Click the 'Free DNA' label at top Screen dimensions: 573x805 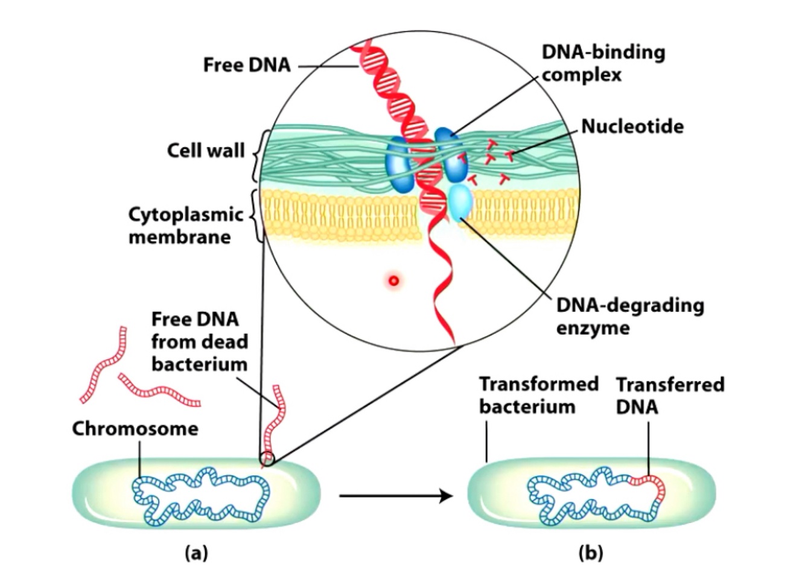point(246,65)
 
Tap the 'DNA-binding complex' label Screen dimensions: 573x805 point(603,63)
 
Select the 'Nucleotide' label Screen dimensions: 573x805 point(632,126)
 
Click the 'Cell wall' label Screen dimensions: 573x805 point(205,150)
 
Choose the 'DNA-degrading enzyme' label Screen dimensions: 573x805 point(629,316)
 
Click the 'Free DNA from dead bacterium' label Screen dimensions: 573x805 point(199,341)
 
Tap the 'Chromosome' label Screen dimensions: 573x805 point(135,428)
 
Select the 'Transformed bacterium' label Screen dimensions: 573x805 point(538,395)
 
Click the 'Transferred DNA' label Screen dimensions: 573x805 point(670,395)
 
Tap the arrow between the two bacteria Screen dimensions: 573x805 point(395,496)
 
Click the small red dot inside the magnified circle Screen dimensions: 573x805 point(394,280)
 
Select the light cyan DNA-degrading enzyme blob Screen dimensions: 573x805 point(461,203)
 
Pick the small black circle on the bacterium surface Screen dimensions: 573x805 point(267,459)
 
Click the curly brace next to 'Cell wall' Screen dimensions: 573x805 point(254,156)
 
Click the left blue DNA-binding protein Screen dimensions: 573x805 point(398,164)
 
